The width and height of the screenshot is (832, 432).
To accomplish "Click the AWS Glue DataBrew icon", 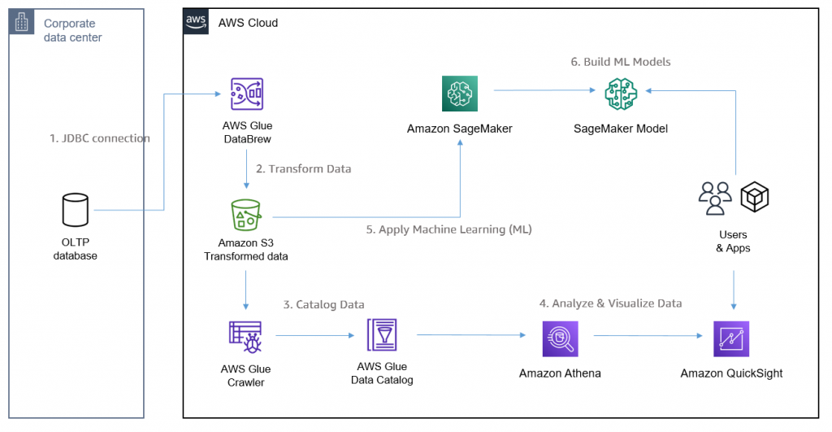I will tap(246, 95).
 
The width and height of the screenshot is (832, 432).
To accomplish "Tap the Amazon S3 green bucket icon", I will tap(246, 215).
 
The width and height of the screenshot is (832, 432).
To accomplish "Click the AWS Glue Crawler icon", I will tap(246, 336).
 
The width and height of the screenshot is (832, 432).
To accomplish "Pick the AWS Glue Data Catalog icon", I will tap(381, 335).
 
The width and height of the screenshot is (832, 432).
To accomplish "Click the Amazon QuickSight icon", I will tap(730, 338).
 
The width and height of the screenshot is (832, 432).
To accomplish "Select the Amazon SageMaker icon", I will tap(459, 94).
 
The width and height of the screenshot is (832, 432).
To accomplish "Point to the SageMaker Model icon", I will tap(621, 94).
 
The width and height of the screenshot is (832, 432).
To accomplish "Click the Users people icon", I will tap(715, 198).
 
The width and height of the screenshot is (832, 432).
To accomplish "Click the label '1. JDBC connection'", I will tap(99, 138).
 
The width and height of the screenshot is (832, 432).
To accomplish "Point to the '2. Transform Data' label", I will tap(303, 169).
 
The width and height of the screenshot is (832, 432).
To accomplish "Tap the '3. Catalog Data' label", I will tap(323, 304).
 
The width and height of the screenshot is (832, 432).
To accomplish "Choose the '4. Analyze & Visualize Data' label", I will tap(610, 303).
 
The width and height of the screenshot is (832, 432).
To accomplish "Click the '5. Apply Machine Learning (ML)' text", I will tap(448, 229).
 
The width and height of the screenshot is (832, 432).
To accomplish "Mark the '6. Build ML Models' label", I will tap(620, 62).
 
